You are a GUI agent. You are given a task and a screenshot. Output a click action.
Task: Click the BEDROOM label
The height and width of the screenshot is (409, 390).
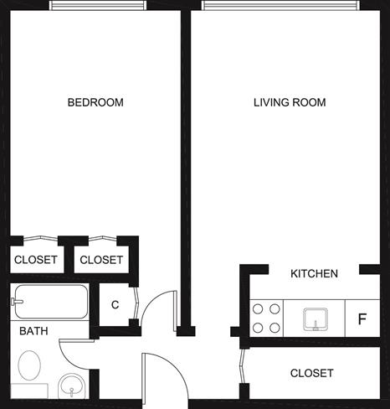point(95,102)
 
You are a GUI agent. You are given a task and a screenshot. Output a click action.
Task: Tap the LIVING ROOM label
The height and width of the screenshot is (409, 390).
point(290,102)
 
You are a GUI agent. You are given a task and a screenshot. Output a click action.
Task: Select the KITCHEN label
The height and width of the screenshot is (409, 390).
point(314,273)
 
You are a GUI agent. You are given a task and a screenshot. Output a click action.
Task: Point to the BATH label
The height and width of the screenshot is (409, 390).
point(33,331)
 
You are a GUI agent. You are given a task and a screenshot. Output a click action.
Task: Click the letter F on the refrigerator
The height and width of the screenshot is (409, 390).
point(362,318)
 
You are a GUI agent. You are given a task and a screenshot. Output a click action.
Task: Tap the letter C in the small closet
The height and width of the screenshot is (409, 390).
point(115,304)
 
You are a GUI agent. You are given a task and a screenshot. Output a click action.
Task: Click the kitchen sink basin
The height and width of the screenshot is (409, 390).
point(316,319)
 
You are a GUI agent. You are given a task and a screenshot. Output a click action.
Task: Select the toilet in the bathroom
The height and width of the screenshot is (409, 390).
point(29,365)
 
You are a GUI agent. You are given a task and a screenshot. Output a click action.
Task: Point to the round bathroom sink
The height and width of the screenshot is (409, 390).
point(71,386)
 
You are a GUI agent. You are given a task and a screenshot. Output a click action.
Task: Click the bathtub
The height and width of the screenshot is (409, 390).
point(51,302)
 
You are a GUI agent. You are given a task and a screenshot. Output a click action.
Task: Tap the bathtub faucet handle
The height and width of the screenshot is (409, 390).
point(17,302)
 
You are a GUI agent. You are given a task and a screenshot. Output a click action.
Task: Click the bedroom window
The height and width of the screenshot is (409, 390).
point(98,5)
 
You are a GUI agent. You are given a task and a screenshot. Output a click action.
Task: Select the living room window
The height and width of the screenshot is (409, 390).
point(280,5)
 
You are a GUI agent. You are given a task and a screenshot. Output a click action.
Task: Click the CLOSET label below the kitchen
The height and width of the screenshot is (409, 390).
point(311,373)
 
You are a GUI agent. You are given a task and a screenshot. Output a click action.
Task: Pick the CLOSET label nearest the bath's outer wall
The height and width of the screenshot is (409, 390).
point(36,260)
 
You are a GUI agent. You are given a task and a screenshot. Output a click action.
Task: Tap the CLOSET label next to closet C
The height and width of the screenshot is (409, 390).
point(101,260)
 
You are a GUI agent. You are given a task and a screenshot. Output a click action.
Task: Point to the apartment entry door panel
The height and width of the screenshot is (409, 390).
point(144,379)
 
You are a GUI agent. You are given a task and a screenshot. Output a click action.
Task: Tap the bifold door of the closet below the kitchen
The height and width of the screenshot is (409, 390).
point(242,365)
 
